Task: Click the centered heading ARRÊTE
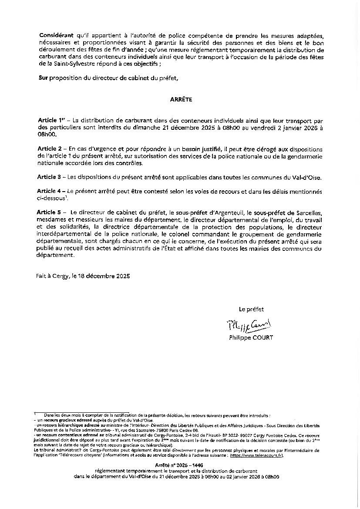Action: click(x=181, y=100)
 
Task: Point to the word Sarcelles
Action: click(x=308, y=212)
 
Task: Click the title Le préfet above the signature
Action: click(x=251, y=310)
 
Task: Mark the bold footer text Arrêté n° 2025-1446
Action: click(x=178, y=465)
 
